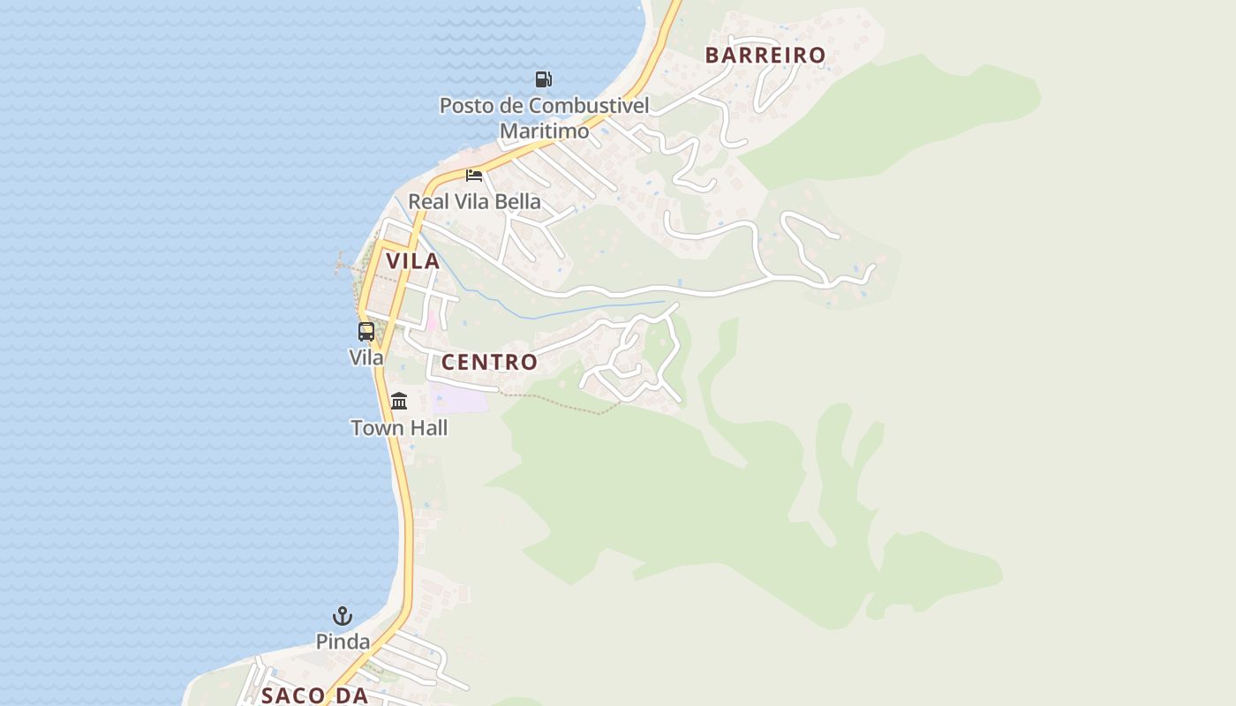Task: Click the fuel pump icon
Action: tap(543, 79)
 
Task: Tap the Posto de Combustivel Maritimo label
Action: tap(544, 118)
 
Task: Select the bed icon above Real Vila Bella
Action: tap(474, 175)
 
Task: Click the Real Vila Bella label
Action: tap(474, 201)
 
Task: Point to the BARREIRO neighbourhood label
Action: tap(765, 55)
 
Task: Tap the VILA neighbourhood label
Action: tap(412, 261)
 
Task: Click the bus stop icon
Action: tap(366, 332)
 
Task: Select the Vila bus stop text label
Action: tap(366, 357)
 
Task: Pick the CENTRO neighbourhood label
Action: tap(489, 362)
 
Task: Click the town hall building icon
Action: tap(399, 402)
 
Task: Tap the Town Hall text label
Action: tap(399, 428)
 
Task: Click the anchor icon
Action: tap(343, 616)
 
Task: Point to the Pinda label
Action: tap(343, 642)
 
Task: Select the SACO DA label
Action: tap(314, 695)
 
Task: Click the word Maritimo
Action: tap(544, 131)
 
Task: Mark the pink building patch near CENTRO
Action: tap(432, 321)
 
